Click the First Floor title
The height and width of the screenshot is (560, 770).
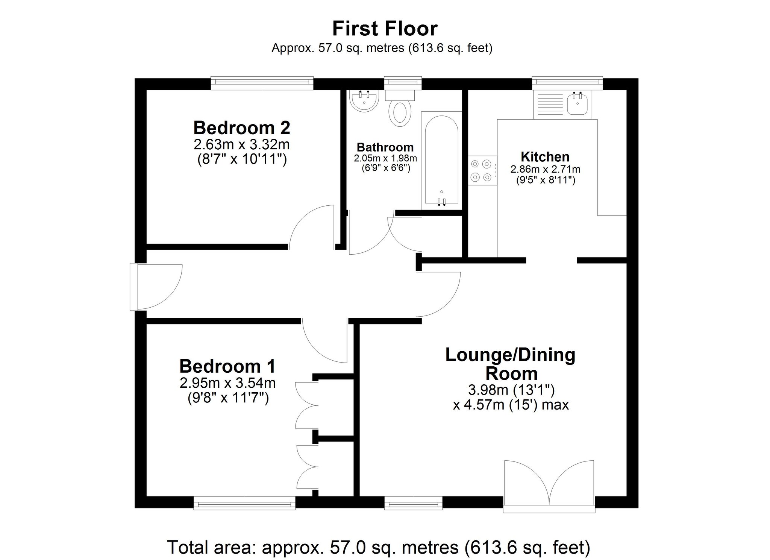tap(385, 29)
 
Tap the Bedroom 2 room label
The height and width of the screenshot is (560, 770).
tap(242, 128)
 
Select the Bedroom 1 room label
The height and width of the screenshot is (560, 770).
tap(227, 366)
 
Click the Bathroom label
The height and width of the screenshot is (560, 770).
tap(385, 147)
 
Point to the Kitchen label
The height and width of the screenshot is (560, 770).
tap(545, 156)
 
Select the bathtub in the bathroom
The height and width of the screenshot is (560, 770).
tap(441, 160)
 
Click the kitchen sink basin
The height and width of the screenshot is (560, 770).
tap(577, 103)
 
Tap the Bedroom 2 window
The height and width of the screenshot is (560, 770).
tap(262, 83)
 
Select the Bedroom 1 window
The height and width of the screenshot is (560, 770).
tap(244, 503)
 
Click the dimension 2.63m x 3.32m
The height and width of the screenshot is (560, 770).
tap(242, 144)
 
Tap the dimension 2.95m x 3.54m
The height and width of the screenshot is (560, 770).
tap(228, 383)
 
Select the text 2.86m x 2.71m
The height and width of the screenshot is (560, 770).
tap(545, 169)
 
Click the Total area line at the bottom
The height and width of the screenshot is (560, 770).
tap(379, 547)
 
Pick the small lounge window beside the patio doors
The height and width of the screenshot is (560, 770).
tap(414, 503)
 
